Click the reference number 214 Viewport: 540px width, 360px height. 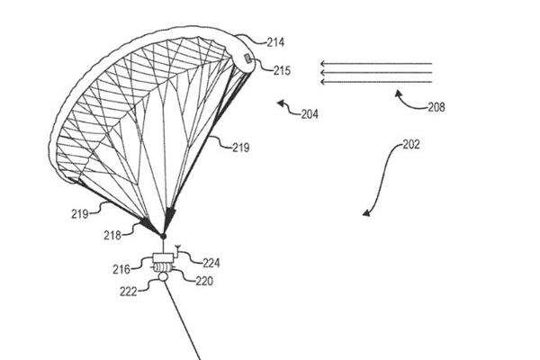click(x=276, y=42)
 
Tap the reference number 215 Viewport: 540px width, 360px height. click(x=283, y=70)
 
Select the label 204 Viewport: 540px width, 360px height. click(x=310, y=114)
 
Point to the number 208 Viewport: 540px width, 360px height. click(x=436, y=107)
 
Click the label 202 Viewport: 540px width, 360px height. click(x=411, y=144)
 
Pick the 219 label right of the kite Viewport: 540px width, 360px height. click(x=240, y=148)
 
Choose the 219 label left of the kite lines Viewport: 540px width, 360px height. click(x=80, y=214)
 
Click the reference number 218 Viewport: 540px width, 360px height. click(x=112, y=236)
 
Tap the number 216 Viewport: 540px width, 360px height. click(x=121, y=269)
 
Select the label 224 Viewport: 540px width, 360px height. click(x=211, y=263)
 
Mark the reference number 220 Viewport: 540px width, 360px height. click(x=204, y=281)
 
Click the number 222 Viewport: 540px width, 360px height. click(x=128, y=292)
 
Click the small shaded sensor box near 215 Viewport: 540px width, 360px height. click(x=248, y=58)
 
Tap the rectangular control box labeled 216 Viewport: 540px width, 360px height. click(x=163, y=258)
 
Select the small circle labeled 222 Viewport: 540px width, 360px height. click(x=163, y=276)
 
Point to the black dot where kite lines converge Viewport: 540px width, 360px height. click(x=163, y=237)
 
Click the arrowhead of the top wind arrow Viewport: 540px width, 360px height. click(x=323, y=64)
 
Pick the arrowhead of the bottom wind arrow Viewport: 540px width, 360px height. click(x=323, y=82)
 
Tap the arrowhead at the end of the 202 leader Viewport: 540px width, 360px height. click(x=366, y=213)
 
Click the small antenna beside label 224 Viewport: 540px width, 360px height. click(x=177, y=250)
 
